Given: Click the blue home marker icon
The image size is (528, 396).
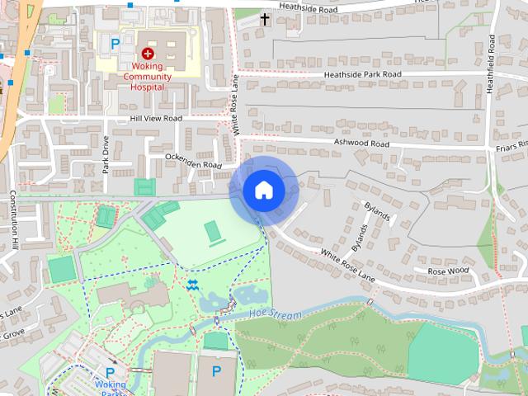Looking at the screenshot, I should (x=264, y=190).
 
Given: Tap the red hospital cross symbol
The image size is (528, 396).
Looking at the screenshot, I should (x=148, y=53).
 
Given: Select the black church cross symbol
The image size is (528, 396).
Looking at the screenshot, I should (x=265, y=18).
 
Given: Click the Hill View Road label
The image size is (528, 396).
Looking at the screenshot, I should (x=155, y=119).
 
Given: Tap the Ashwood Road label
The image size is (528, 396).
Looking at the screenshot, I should (x=361, y=143).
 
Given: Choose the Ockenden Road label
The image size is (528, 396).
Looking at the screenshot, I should (x=194, y=160).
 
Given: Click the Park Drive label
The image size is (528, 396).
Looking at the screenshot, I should (x=106, y=154).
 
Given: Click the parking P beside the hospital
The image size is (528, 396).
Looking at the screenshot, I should (x=115, y=43).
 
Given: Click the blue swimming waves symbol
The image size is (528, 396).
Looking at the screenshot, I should (x=192, y=285).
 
